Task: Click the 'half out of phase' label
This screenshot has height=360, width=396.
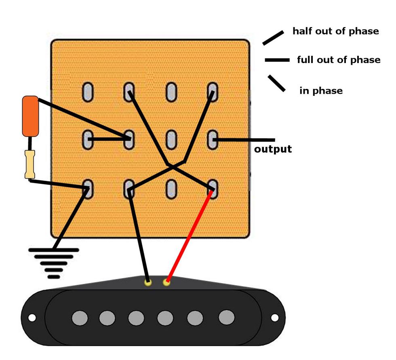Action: tap(335, 31)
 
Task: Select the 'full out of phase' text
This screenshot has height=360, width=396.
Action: tap(339, 60)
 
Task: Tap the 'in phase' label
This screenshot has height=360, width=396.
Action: tap(321, 91)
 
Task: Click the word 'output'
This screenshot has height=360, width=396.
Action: tap(273, 149)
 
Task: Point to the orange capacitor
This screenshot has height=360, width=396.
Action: tap(30, 116)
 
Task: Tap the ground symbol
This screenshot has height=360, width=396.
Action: tap(53, 263)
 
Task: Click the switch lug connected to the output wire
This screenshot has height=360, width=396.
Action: tap(213, 140)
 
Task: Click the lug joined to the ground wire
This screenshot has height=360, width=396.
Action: tap(87, 189)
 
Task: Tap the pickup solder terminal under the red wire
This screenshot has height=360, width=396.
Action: tap(166, 282)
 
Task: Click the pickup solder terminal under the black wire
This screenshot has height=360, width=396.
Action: tap(148, 282)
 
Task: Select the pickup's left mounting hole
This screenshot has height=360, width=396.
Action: tap(32, 318)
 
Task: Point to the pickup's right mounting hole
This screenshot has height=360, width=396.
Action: tap(274, 318)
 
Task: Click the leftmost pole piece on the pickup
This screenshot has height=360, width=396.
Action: tap(80, 318)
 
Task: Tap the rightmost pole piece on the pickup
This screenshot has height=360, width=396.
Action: tap(226, 318)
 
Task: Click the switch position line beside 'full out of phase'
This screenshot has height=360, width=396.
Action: tap(277, 60)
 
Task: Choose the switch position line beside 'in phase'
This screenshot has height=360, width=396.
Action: tap(276, 83)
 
